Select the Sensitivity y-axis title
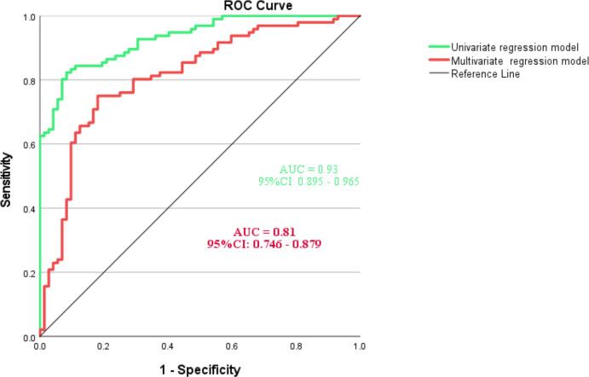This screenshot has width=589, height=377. pos(8,177)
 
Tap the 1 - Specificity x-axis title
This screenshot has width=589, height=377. pos(199,369)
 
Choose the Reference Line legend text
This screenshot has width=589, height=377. pos(485,74)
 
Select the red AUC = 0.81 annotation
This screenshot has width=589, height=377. pos(263,232)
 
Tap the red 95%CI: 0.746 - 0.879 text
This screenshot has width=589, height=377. pos(263,244)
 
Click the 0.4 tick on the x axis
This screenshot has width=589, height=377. pos(167,348)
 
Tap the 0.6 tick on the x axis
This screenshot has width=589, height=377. pos(231,348)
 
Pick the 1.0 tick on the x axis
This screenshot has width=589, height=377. pos(359,348)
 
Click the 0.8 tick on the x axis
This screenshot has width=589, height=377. pos(295,348)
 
